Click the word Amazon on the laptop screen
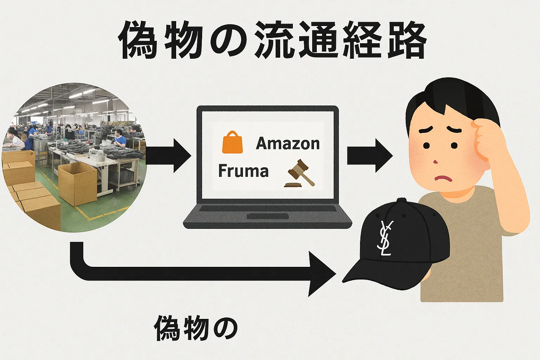tap(288, 143)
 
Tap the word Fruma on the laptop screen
tap(243, 171)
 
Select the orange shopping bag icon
tap(232, 142)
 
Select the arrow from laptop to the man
tap(369, 155)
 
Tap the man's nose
tap(436, 161)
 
